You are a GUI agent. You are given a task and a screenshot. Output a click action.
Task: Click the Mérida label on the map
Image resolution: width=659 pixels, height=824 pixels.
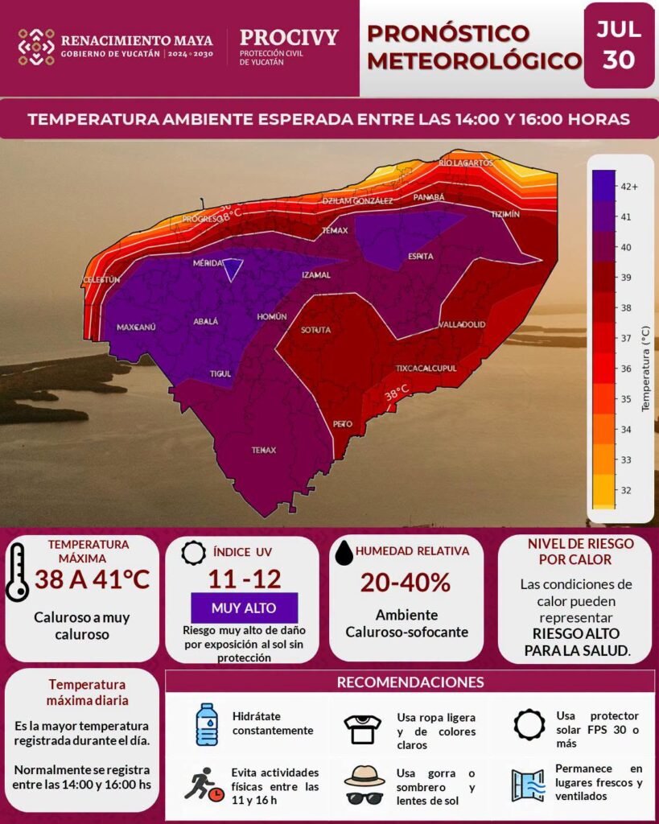[x=208, y=263]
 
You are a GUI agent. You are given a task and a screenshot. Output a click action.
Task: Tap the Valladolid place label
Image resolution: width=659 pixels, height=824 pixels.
[x=462, y=324]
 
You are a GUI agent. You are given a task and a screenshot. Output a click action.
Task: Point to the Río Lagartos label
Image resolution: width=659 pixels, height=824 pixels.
[x=466, y=163]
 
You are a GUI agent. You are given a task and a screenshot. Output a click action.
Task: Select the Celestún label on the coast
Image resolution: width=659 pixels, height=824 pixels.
[x=101, y=280]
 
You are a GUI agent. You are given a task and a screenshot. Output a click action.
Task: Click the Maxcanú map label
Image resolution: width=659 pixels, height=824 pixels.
[x=136, y=328]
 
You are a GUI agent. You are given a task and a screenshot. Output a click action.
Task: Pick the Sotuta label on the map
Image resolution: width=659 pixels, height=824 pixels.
[x=316, y=330]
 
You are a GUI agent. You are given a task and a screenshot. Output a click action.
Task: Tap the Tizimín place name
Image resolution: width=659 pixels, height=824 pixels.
[x=505, y=214]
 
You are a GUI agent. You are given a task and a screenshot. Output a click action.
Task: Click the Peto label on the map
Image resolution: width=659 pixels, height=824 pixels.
[x=343, y=424]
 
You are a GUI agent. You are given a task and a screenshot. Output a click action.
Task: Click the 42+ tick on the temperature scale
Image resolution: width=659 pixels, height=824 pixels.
[x=629, y=187]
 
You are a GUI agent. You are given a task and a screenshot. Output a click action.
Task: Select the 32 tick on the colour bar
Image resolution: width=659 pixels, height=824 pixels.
[x=626, y=490]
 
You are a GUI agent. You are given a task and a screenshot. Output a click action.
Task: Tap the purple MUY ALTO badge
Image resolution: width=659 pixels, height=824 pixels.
[x=244, y=608]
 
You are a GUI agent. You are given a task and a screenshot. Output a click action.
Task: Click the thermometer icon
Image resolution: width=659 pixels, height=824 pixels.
[x=17, y=572]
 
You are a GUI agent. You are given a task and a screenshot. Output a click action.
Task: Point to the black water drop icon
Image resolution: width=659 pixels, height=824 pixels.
[x=344, y=553]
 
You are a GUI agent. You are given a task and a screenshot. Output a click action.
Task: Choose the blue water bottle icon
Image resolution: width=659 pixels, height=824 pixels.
[x=207, y=724]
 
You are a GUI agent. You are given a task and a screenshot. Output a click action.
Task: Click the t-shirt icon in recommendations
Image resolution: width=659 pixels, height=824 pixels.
[x=363, y=729]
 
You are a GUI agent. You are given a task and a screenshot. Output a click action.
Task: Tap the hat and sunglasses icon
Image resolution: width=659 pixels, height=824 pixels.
[x=365, y=785]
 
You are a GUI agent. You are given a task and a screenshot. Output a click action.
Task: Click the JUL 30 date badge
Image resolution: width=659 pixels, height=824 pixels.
[x=619, y=45]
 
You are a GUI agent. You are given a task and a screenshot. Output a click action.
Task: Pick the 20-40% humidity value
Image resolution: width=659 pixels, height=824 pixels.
[x=406, y=583]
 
